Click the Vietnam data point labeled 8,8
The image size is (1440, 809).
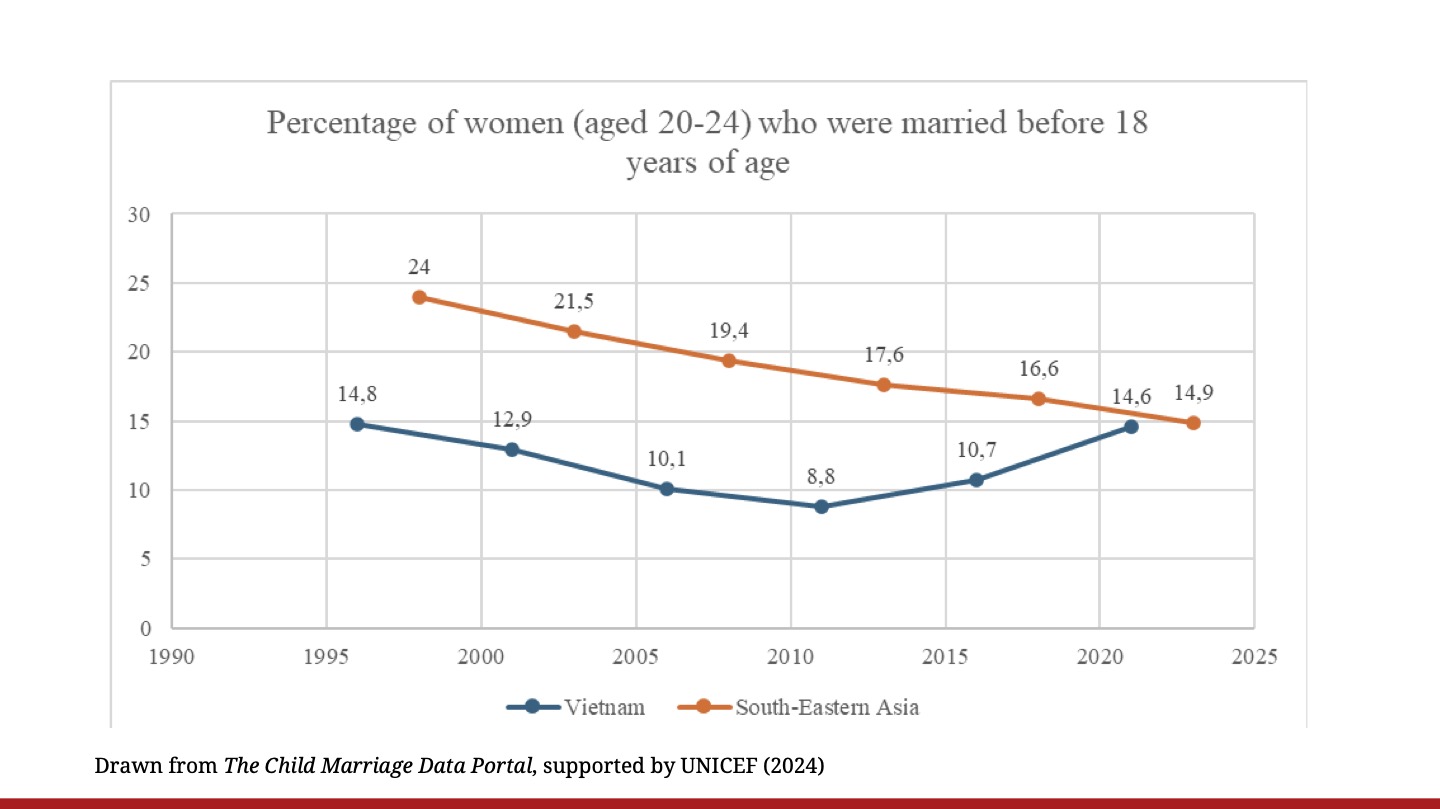point(821,506)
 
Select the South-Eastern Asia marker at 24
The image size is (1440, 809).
point(419,297)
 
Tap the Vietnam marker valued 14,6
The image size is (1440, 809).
point(1131,426)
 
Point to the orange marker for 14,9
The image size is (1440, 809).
point(1193,423)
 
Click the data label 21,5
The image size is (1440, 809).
point(574,301)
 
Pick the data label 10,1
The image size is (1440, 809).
point(667,458)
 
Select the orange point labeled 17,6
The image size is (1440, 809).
point(884,385)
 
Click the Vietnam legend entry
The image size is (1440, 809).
point(576,707)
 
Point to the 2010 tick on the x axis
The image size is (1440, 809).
point(790,657)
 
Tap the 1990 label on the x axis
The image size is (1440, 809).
point(172,657)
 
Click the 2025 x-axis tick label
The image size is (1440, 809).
point(1254,657)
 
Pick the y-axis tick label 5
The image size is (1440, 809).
point(145,559)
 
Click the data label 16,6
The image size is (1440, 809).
point(1038,369)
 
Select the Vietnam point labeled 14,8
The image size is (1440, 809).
point(357,424)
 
